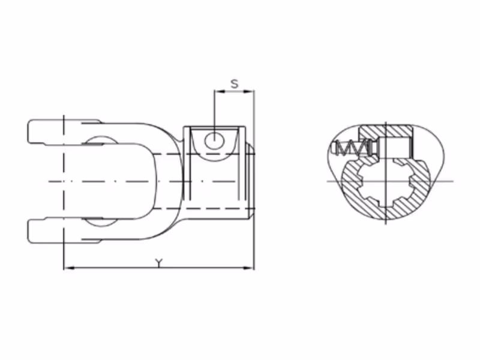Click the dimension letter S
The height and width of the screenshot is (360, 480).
[235, 83]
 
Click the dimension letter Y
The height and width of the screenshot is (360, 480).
[158, 263]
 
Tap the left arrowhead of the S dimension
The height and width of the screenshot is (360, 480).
[219, 91]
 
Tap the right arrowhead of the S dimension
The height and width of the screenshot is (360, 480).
[250, 91]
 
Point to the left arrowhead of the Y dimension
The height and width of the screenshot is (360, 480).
[69, 268]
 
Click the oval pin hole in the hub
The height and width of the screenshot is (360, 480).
[215, 142]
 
